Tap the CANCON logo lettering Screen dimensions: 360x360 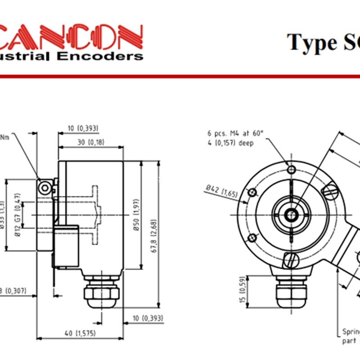pos(72,37)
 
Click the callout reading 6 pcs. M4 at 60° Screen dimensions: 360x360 pos(235,133)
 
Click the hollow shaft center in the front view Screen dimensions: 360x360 pos(292,215)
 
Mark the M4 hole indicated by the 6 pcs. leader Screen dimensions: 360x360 pos(292,169)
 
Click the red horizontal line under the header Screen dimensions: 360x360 pos(180,76)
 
